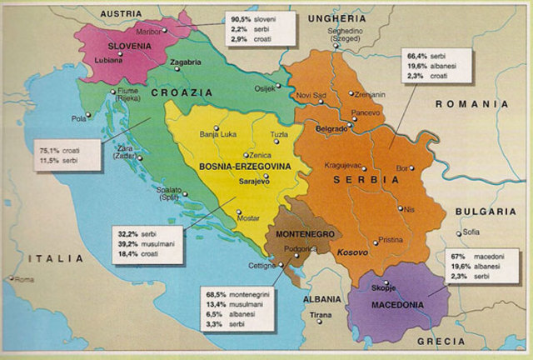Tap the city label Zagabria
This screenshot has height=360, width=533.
coord(185,62)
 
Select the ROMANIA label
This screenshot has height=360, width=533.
coord(471,104)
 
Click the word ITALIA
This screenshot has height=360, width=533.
coord(54,259)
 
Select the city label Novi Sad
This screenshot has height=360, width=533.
coord(313,94)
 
